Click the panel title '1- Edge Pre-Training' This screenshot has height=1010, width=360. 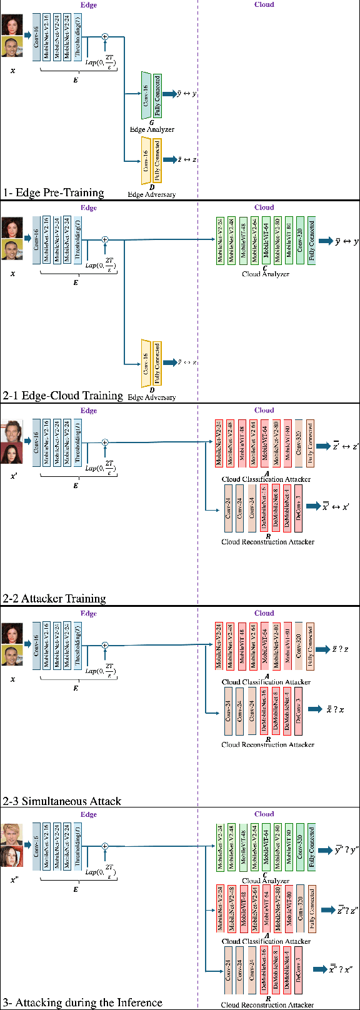coord(53,192)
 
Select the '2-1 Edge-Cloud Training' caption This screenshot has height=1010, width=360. coord(62,396)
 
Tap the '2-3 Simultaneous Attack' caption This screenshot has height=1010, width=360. coord(62,801)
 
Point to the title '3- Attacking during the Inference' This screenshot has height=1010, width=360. coord(82,1002)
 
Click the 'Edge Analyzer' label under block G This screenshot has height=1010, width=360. coord(152,129)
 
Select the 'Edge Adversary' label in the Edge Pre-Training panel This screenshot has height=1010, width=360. coord(152,194)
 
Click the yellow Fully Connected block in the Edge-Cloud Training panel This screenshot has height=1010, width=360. coord(157,362)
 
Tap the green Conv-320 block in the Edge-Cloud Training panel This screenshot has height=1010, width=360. coord(299,241)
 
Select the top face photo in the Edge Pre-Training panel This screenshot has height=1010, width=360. coord(12,25)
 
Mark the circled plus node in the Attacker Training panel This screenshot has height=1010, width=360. coord(105,442)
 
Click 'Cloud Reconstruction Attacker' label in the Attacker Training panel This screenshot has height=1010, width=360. coord(267,542)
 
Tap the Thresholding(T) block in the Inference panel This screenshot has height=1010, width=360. coord(78,847)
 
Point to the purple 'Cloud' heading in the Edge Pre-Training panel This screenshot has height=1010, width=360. coord(264,4)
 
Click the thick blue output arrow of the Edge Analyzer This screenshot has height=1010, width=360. coord(167,94)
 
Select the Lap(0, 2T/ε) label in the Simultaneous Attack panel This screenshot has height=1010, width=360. coord(100,670)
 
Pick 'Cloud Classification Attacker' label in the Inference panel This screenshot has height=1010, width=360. coord(266,941)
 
